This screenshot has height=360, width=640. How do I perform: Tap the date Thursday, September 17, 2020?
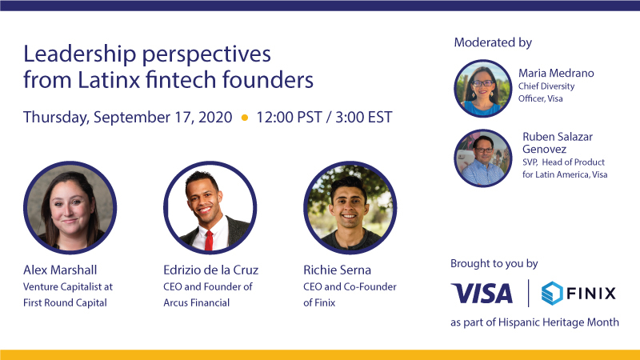[x=128, y=117]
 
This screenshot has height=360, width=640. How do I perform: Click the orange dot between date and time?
[x=245, y=118]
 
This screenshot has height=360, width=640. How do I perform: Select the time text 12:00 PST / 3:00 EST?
[x=324, y=117]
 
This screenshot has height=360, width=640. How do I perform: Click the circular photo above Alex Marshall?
[x=70, y=207]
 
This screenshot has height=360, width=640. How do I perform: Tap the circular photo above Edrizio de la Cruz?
[x=210, y=207]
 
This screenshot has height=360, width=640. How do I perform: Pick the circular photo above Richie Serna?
[x=350, y=207]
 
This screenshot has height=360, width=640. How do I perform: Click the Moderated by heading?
[x=492, y=42]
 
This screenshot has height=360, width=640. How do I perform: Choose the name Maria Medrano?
[x=556, y=73]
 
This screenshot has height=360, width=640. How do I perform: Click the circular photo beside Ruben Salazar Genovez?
[x=482, y=158]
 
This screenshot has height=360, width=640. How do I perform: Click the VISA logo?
[x=482, y=294]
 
